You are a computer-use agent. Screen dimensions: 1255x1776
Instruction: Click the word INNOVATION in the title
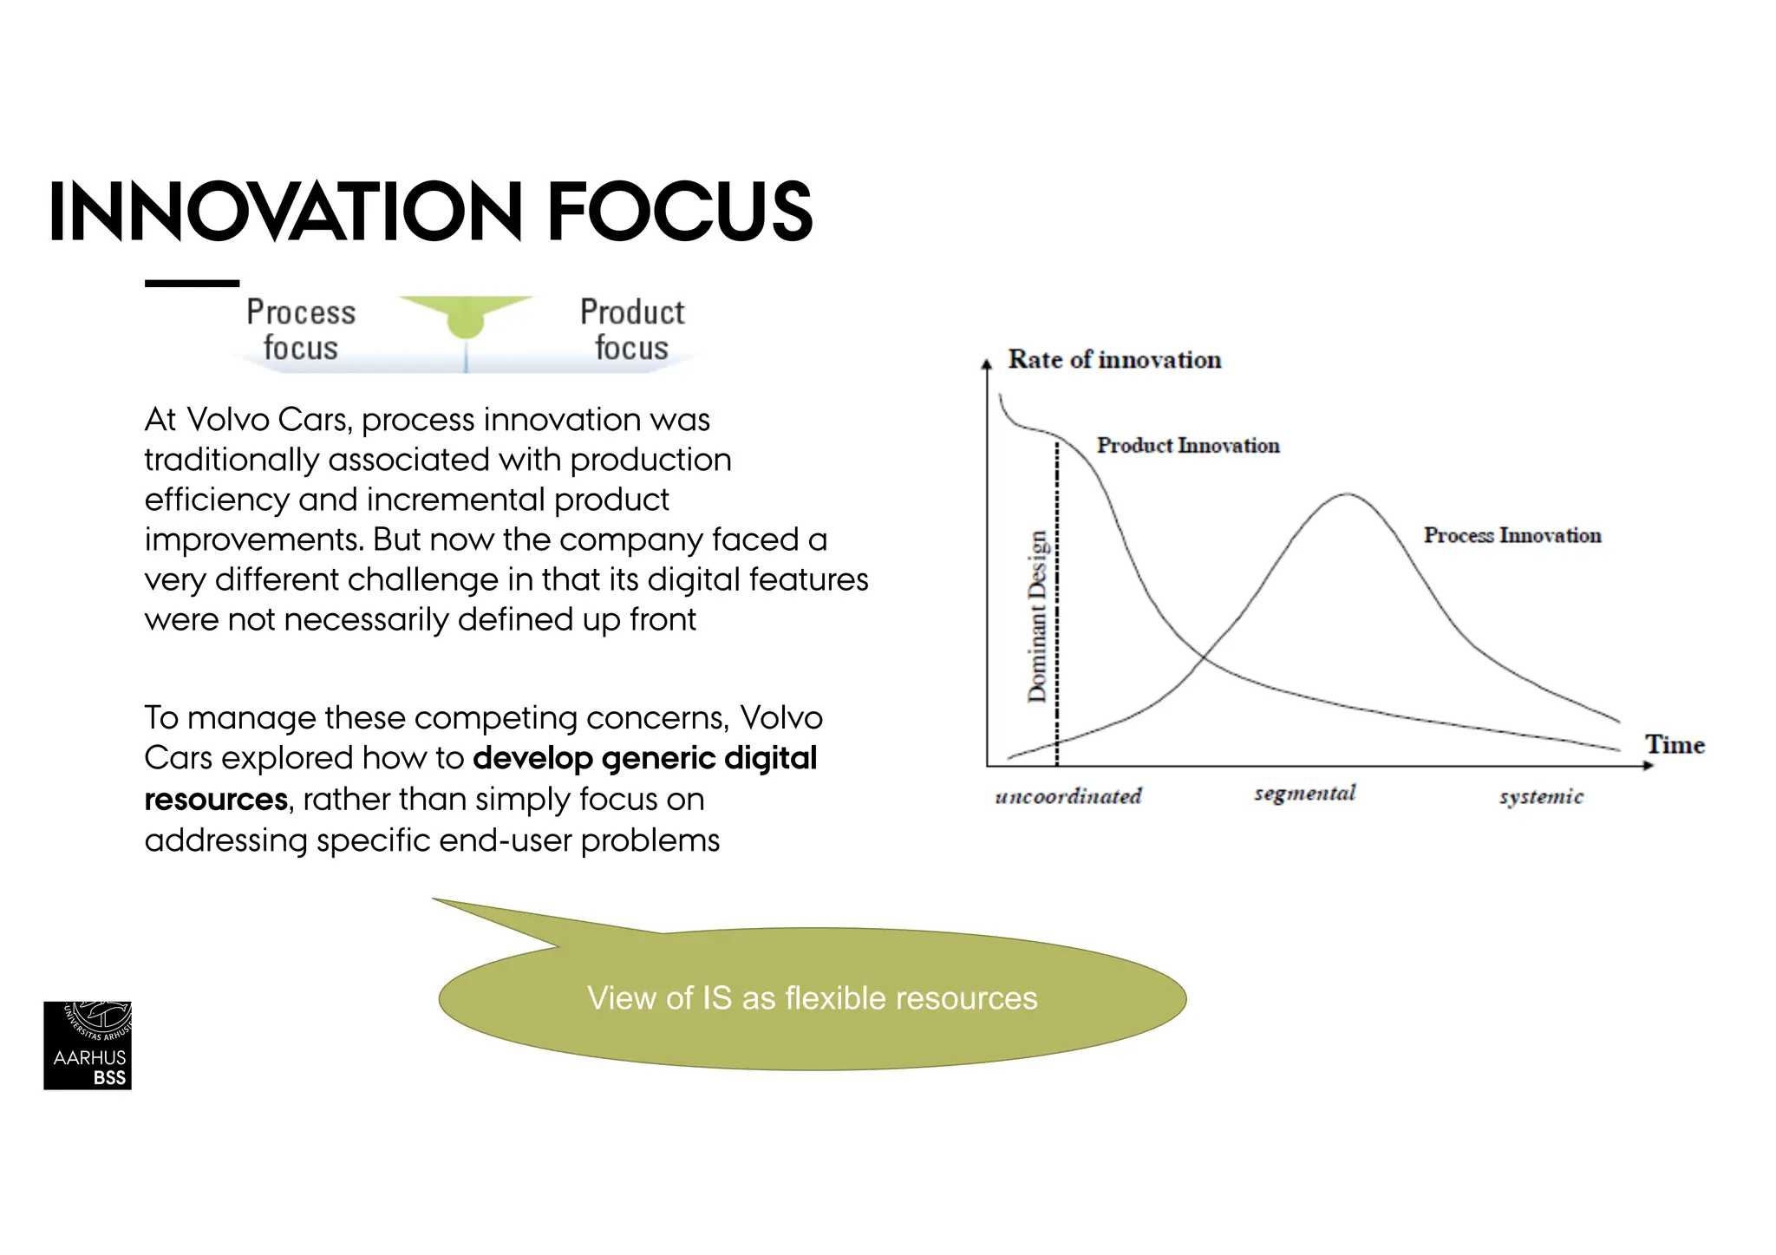tap(284, 212)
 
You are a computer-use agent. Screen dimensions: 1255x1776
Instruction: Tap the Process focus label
tap(300, 330)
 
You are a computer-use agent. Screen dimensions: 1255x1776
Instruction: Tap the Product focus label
tap(632, 330)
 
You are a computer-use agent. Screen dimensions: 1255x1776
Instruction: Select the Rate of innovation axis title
tap(1113, 359)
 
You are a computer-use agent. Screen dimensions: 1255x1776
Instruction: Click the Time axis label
tap(1674, 744)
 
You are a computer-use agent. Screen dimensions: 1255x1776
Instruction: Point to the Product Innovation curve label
tap(1187, 445)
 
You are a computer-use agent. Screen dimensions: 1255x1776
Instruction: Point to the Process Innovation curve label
tap(1512, 535)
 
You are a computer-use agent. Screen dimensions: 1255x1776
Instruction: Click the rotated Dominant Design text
tap(1037, 616)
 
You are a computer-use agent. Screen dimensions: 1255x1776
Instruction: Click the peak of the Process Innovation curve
tap(1347, 494)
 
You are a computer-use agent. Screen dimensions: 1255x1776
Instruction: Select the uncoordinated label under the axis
tap(1068, 796)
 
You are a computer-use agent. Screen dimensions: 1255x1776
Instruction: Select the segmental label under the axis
tap(1304, 794)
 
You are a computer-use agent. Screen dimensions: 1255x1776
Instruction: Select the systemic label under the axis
tap(1541, 796)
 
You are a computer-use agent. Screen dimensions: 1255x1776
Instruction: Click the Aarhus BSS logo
tap(88, 1045)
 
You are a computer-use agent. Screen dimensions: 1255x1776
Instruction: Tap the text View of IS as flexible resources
tap(812, 998)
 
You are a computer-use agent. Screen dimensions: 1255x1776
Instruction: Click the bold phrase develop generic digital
tap(644, 758)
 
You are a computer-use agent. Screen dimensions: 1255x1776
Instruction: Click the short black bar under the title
tap(192, 283)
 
